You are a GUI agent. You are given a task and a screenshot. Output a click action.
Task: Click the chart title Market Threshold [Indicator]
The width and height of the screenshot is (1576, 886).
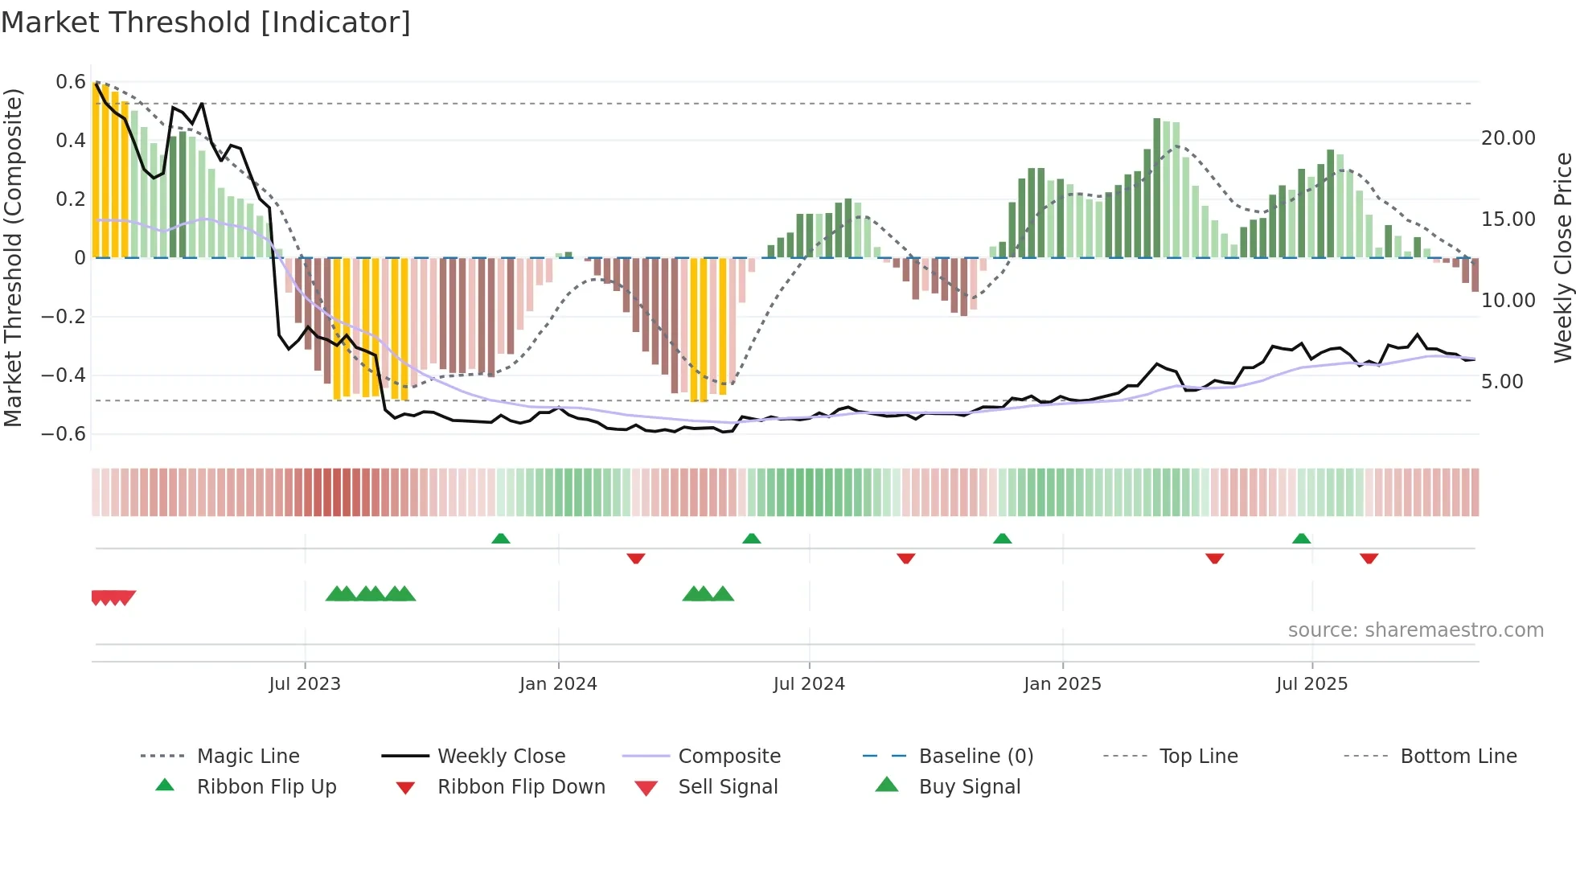tap(206, 23)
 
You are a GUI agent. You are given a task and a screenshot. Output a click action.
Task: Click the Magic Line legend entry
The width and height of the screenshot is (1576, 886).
tap(248, 756)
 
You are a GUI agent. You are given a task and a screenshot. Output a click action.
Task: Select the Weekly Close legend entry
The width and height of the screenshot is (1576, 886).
tap(501, 756)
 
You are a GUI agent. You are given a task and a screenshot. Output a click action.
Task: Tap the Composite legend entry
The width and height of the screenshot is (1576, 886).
tap(728, 756)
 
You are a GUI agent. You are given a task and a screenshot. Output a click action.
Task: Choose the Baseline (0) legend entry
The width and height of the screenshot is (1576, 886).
tap(975, 756)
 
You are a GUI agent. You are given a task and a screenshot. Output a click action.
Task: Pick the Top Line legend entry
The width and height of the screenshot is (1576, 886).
tap(1198, 756)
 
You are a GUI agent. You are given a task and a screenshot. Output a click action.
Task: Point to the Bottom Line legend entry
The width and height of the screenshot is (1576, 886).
tap(1458, 756)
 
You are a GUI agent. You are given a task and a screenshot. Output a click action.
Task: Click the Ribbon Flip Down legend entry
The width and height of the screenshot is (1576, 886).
tap(520, 786)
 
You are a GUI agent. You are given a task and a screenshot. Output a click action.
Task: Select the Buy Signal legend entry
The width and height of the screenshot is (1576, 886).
tap(969, 786)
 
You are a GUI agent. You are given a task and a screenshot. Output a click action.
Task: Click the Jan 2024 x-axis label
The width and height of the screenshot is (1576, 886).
tap(558, 683)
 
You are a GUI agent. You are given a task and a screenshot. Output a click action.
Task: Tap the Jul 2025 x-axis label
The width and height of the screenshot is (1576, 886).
tap(1311, 683)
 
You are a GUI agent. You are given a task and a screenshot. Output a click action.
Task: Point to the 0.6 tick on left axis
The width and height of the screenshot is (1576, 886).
tap(71, 82)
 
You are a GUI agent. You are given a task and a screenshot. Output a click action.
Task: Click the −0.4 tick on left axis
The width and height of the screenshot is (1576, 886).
tap(64, 375)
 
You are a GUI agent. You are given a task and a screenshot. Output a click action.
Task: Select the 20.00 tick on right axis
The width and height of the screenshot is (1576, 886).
tap(1508, 138)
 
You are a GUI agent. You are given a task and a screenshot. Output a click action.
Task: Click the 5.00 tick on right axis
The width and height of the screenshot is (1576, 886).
tap(1502, 381)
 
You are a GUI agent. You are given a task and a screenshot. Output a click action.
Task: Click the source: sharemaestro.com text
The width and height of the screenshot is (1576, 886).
tap(1415, 630)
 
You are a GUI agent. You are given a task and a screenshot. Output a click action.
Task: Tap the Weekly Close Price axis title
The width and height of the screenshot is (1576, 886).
tap(1562, 257)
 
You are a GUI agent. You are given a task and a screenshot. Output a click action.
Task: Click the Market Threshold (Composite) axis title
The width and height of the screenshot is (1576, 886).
tap(13, 257)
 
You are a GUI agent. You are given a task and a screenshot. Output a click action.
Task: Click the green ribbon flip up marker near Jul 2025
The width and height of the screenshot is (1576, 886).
tap(1301, 539)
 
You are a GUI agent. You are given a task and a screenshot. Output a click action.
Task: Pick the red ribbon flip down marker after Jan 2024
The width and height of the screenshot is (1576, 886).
tap(636, 558)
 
